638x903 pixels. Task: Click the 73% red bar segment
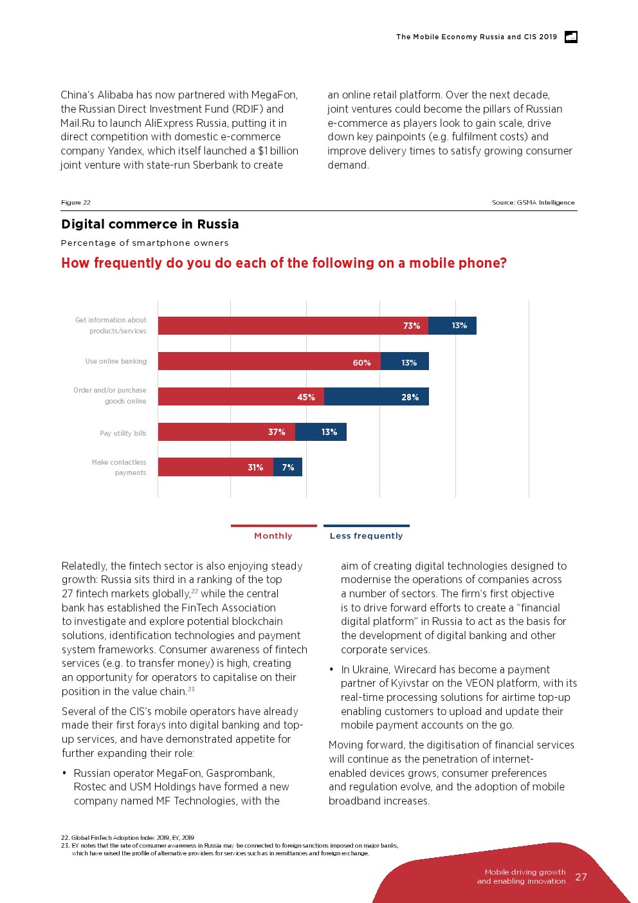[x=293, y=326]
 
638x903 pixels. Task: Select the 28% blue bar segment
[x=376, y=396]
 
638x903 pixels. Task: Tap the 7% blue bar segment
[x=287, y=467]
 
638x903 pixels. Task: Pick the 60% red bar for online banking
[x=269, y=362]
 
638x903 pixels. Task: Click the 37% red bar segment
[x=226, y=432]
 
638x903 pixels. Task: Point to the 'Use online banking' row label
[x=116, y=362]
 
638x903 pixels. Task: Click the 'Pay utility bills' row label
[x=123, y=433]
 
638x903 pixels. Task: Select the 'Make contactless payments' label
[x=119, y=467]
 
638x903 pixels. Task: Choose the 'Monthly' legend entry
[x=273, y=535]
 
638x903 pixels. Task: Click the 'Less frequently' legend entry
[x=366, y=535]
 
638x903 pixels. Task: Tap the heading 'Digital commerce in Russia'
[x=150, y=224]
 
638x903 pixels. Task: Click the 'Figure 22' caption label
[x=76, y=203]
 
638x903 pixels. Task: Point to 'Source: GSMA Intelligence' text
[x=533, y=203]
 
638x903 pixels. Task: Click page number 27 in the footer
[x=581, y=877]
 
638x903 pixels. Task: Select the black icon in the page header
[x=571, y=37]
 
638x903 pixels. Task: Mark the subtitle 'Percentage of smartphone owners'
[x=145, y=243]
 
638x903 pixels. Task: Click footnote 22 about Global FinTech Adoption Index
[x=127, y=838]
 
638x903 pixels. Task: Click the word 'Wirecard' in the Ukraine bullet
[x=419, y=669]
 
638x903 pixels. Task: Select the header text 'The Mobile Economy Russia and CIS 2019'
[x=477, y=37]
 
